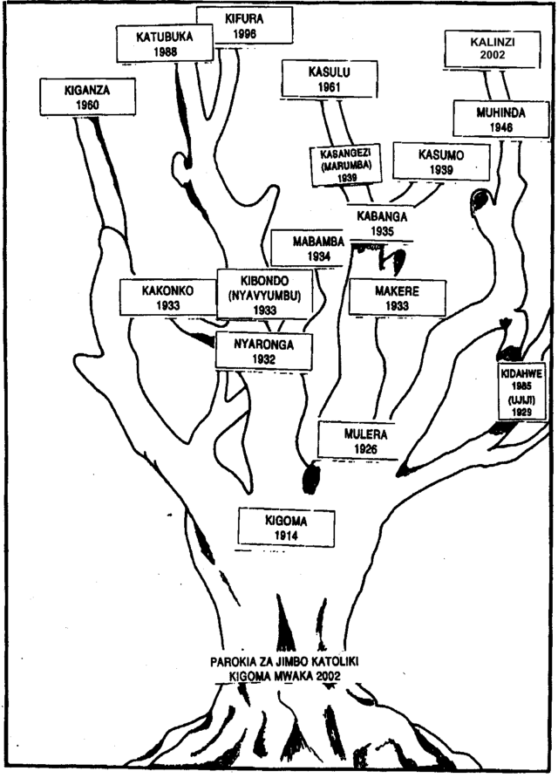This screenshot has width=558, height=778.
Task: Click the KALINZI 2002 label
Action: point(483,48)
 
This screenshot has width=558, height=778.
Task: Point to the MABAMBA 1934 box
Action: point(307,248)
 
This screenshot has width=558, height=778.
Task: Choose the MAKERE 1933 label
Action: point(397,297)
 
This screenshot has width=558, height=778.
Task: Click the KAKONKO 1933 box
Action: point(167,297)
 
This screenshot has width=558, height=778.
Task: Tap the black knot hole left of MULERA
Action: point(310,478)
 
